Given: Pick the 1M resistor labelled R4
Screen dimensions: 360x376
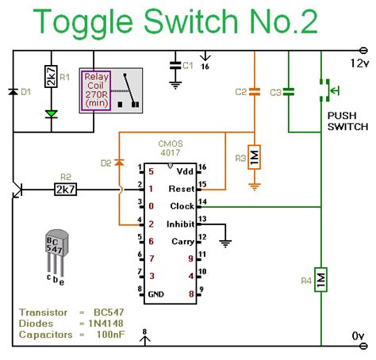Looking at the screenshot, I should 321,280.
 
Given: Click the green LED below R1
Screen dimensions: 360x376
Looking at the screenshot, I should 51,113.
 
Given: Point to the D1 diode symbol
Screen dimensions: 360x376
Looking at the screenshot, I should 13,92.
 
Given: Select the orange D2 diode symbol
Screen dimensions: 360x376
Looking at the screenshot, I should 119,163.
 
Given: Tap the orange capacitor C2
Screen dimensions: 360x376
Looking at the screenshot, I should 254,92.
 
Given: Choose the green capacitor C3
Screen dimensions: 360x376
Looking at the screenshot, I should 288,92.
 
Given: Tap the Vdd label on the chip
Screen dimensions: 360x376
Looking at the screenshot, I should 185,170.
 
